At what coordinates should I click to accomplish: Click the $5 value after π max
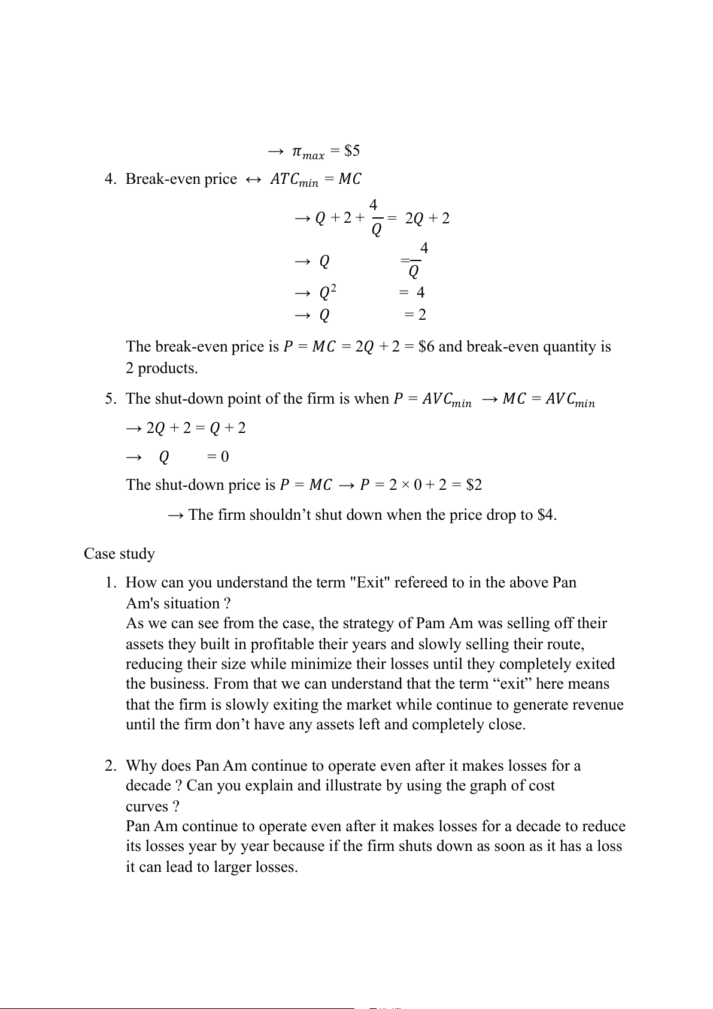(352, 151)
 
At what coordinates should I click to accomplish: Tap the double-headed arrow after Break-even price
(253, 180)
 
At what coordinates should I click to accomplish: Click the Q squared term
(327, 293)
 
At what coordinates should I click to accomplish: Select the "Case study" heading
(119, 554)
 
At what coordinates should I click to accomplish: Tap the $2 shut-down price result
(474, 485)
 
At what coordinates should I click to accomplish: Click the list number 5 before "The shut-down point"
(110, 399)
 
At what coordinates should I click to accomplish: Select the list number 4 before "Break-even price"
(110, 180)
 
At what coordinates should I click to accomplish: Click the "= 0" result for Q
(218, 457)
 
